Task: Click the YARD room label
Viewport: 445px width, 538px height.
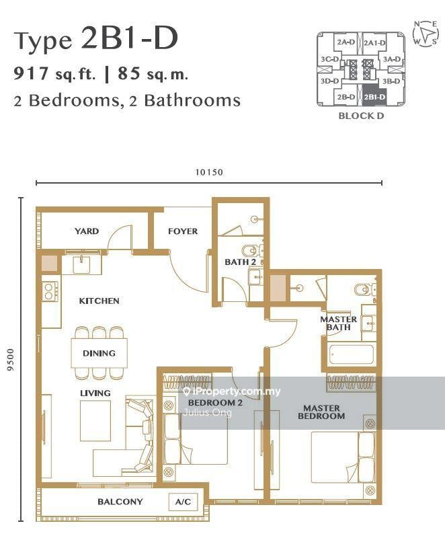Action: [x=87, y=231]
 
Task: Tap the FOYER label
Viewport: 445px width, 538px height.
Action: [x=183, y=231]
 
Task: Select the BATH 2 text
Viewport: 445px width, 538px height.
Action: [x=241, y=262]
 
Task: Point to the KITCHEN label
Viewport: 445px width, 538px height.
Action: [x=99, y=301]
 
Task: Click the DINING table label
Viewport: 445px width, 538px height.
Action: [x=99, y=353]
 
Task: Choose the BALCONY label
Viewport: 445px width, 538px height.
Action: [x=120, y=502]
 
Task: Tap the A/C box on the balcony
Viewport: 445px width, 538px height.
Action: [x=183, y=502]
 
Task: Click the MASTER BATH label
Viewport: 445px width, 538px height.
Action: [x=338, y=323]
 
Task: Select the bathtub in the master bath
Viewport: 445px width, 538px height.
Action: [x=351, y=354]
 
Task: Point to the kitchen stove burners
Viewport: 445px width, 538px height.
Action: [x=50, y=291]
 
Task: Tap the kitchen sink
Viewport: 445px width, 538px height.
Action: [x=81, y=264]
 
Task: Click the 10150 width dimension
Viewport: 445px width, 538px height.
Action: [x=209, y=172]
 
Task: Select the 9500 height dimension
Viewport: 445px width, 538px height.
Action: [x=11, y=360]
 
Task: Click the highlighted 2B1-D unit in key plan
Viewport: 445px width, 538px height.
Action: [x=374, y=97]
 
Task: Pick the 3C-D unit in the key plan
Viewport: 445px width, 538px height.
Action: [x=329, y=59]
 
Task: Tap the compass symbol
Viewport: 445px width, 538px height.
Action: [x=426, y=33]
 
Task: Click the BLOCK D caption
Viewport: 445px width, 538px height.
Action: [x=361, y=116]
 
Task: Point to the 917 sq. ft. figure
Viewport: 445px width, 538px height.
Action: [x=55, y=73]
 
